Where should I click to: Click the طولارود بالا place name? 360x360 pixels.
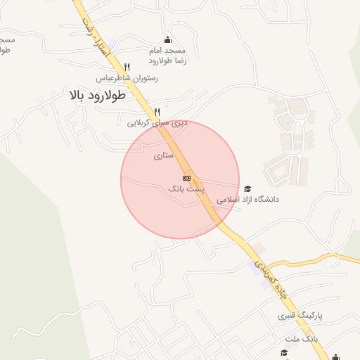[96, 96]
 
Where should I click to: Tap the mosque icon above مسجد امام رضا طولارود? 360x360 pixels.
[167, 40]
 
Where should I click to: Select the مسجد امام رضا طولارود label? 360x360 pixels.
[167, 56]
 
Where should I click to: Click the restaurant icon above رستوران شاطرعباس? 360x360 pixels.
[127, 67]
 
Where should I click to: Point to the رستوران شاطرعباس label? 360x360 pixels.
[127, 78]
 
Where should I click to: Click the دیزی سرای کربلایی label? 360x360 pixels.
[148, 123]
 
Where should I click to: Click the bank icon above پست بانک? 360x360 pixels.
[186, 178]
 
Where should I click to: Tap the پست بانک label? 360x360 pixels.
[186, 189]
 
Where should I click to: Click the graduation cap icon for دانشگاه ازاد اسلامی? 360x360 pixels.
[247, 188]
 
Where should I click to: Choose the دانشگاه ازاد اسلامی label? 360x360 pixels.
[247, 200]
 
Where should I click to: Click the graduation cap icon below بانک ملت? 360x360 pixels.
[284, 352]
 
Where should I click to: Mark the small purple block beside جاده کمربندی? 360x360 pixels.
[259, 247]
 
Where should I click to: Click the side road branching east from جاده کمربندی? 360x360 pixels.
[309, 258]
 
